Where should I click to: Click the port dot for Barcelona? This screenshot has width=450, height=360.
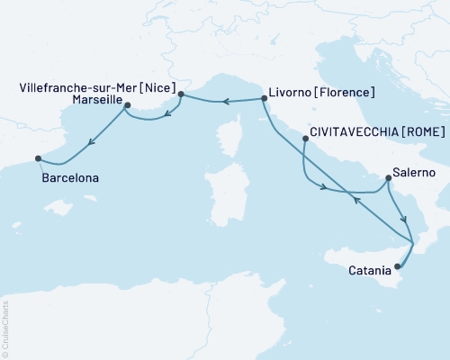pos(38,158)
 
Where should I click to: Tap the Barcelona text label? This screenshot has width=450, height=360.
pos(70,178)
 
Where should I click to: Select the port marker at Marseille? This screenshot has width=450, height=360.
pos(127,105)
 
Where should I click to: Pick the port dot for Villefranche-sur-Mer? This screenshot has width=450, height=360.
pos(181,94)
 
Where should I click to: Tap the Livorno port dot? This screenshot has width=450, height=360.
pos(264,97)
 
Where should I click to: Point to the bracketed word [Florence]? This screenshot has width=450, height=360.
pos(346,92)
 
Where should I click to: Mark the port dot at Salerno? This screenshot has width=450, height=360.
pos(387,177)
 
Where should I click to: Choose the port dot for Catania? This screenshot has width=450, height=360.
pos(397,265)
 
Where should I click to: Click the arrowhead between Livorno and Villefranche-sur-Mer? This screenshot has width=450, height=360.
pos(227,101)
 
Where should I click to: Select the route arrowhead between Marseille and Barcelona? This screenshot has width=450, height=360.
pos(92,141)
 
